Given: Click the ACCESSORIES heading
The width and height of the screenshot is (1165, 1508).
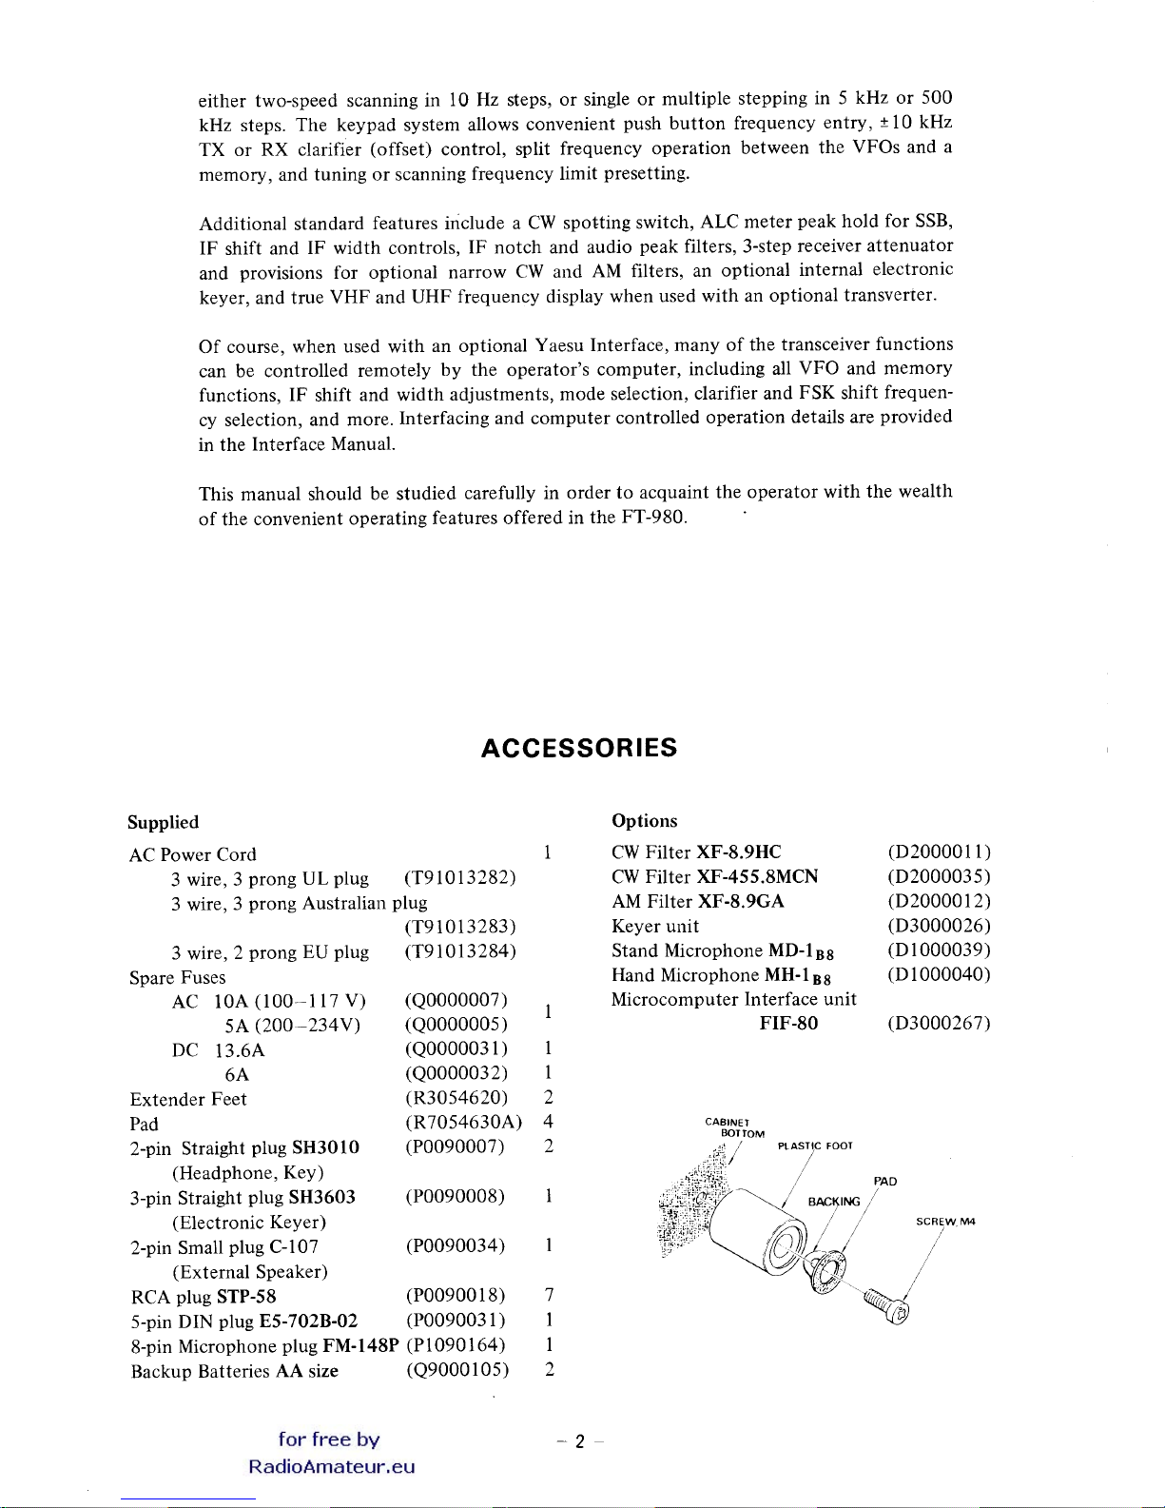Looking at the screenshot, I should [x=579, y=748].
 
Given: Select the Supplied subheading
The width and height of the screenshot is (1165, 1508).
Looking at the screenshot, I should [x=164, y=822].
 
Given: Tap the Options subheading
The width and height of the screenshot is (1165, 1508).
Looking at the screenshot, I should [x=645, y=820].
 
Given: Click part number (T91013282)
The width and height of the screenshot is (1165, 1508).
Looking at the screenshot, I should [x=460, y=877].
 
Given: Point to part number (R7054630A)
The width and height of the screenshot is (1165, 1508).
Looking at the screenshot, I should [x=463, y=1123].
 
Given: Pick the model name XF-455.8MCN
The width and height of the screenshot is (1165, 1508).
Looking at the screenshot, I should [x=757, y=876].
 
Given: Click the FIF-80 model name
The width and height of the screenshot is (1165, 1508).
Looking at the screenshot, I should [x=788, y=1024].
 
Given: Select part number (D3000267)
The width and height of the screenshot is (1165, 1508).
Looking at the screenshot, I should [x=939, y=1024].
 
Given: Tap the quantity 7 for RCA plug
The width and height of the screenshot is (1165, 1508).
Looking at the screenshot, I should [x=549, y=1295].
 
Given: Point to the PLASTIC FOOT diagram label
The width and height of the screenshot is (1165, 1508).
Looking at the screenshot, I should [x=815, y=1146].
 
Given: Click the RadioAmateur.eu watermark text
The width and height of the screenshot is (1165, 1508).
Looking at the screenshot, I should [x=331, y=1466].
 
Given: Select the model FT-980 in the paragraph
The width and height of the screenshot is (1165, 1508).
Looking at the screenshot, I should [x=653, y=518].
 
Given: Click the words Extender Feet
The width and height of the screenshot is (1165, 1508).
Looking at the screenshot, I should [x=188, y=1099].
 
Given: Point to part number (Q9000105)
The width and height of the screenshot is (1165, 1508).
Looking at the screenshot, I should [x=457, y=1370].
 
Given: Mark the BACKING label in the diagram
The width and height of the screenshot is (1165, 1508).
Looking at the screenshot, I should [x=833, y=1202].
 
